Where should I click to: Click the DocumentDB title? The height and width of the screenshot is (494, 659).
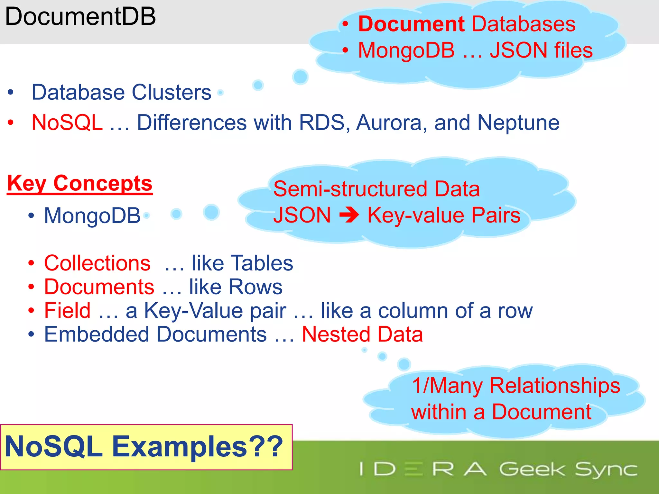coord(80,17)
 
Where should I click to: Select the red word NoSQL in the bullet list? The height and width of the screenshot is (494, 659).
coord(67,123)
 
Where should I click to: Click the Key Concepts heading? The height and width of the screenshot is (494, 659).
coord(80,184)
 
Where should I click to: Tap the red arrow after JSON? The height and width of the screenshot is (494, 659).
coord(349,215)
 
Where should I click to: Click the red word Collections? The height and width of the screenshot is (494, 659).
coord(97,263)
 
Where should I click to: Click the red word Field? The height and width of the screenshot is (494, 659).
coord(67,311)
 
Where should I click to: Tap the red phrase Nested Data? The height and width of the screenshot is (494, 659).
coord(362,334)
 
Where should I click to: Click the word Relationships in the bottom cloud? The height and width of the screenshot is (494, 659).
coord(554,386)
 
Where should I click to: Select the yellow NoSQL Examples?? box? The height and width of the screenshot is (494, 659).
coord(146,447)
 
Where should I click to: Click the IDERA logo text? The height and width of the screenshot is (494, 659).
coord(423,469)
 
